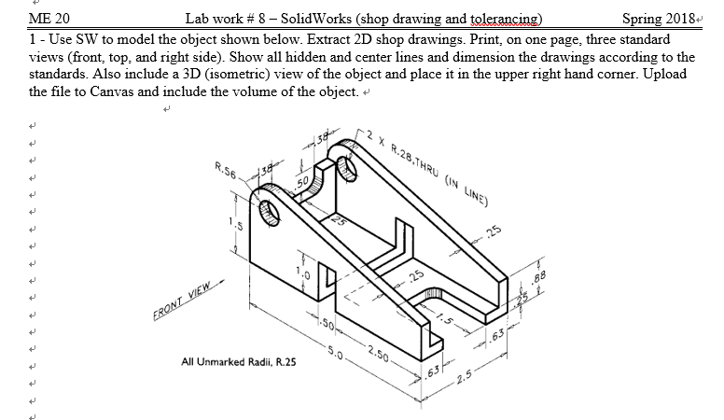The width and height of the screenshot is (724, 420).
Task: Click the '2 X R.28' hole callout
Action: coord(391,149)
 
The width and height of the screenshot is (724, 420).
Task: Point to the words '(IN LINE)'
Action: coord(470,187)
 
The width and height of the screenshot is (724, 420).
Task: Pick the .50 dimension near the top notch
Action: coord(301,179)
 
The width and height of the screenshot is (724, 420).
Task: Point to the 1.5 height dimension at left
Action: coord(240,224)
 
